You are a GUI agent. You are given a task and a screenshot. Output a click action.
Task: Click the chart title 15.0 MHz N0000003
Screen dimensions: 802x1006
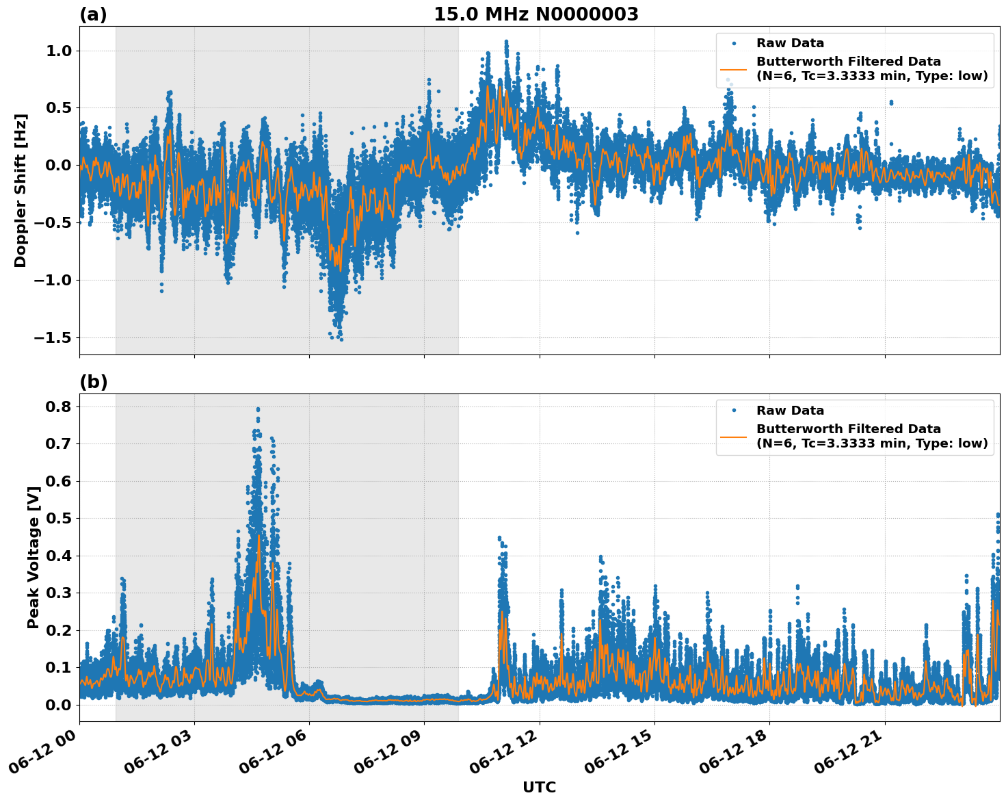[x=535, y=14]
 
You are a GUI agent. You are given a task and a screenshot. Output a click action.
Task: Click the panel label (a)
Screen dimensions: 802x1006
[x=93, y=14]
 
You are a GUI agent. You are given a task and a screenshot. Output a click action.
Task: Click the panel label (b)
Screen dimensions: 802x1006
[x=93, y=382]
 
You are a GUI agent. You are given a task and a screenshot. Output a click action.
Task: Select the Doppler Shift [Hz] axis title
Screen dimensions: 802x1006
[x=21, y=190]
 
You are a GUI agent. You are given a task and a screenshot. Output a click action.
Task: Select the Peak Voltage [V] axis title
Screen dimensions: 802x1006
[x=33, y=557]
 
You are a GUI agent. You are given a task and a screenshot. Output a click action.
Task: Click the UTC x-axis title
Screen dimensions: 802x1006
[x=539, y=787]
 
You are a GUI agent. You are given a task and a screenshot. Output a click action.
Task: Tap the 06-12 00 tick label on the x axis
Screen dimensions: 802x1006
[x=44, y=755]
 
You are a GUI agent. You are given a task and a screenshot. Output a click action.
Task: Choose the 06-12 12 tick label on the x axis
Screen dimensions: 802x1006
[x=505, y=755]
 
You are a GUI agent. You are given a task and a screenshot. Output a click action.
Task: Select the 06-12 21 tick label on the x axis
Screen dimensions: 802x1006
[x=850, y=755]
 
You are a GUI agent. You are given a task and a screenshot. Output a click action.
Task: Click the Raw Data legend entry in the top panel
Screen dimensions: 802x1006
[x=790, y=43]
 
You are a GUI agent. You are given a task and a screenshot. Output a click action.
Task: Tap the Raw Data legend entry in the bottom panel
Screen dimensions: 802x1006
[x=790, y=411]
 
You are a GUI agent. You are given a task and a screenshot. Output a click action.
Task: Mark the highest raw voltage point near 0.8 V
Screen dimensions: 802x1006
[x=258, y=409]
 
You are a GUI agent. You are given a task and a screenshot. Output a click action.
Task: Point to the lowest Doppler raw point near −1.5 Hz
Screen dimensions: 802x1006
[x=341, y=339]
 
